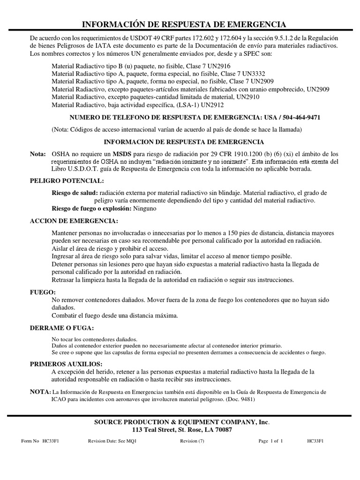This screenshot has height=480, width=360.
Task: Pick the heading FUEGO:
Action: (x=42, y=292)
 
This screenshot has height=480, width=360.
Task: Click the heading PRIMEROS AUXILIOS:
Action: (x=66, y=364)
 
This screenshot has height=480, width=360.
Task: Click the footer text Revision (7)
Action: (x=192, y=441)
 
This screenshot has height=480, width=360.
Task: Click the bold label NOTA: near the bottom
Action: (x=39, y=391)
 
